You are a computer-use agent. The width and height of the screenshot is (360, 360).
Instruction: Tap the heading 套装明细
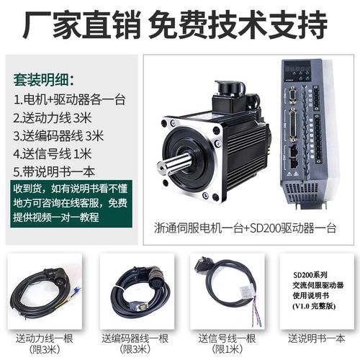coord(45,78)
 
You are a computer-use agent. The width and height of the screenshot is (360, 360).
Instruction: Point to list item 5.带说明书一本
coord(54,171)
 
